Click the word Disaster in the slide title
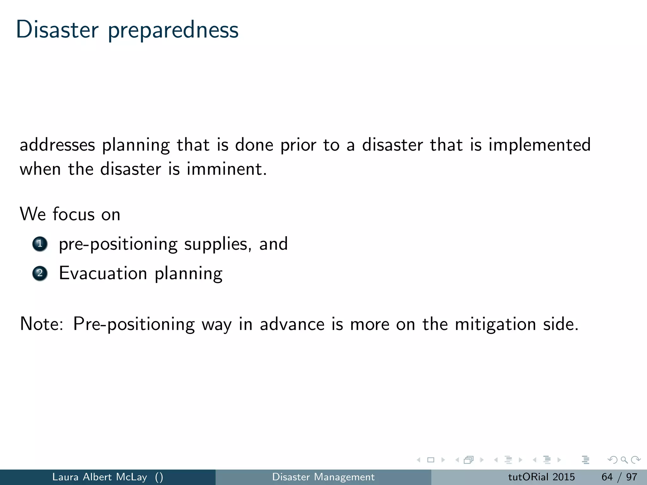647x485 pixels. (57, 30)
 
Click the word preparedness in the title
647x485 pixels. (173, 31)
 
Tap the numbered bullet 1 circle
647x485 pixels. (40, 244)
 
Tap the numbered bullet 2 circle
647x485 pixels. (40, 273)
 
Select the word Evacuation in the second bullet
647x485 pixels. (103, 273)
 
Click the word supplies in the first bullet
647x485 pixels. (218, 244)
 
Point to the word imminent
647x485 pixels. (227, 169)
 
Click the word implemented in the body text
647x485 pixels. (539, 145)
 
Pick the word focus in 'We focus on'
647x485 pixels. (73, 214)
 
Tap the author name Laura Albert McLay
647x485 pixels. (100, 477)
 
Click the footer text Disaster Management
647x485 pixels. (323, 477)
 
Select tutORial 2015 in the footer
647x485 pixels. (541, 477)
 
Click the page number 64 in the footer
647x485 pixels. (607, 477)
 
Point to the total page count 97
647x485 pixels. (632, 477)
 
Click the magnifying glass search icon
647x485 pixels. (624, 460)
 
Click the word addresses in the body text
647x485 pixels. (57, 145)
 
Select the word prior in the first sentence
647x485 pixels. (298, 145)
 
